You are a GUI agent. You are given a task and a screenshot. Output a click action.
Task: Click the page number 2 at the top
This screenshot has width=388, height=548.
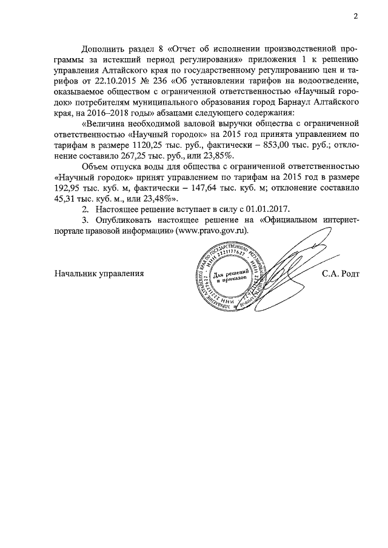(356, 16)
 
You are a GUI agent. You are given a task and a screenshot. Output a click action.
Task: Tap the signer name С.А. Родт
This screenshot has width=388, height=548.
(341, 273)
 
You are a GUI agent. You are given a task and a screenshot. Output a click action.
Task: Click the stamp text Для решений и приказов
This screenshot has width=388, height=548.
(230, 279)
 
